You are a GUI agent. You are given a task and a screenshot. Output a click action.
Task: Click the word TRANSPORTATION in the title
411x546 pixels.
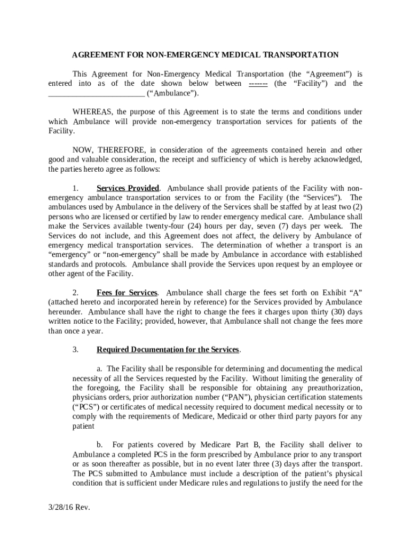(307, 55)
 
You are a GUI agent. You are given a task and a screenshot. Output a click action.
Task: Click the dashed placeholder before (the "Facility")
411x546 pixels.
(258, 84)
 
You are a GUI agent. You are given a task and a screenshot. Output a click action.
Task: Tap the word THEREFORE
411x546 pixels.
(122, 150)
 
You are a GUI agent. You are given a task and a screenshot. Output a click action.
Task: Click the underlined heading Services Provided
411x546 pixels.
(128, 188)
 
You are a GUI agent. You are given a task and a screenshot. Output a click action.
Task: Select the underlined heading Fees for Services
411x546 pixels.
(127, 293)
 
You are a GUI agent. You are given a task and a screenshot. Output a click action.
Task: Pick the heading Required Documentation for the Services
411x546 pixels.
(168, 350)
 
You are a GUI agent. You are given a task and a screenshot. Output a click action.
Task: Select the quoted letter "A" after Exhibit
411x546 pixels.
(354, 293)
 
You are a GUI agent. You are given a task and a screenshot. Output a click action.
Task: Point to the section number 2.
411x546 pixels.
(76, 293)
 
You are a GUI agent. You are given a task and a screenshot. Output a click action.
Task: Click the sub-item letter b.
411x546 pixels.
(99, 445)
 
